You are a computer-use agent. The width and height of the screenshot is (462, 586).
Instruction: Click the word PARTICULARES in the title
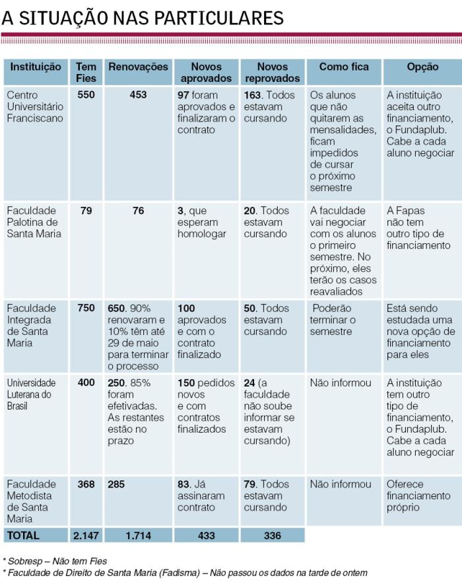coord(220,18)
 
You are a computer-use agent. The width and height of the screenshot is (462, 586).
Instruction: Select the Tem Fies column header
coord(86,72)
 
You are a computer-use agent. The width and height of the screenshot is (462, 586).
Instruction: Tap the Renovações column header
coord(138,67)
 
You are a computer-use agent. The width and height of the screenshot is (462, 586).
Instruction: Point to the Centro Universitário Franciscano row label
coord(35,106)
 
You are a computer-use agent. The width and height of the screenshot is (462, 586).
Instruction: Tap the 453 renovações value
coord(138,95)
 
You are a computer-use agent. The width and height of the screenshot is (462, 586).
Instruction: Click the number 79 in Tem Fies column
coord(86,211)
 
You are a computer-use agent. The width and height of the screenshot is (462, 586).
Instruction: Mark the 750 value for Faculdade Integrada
coord(86,309)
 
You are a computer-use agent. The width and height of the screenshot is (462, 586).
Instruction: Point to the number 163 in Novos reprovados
coord(254,95)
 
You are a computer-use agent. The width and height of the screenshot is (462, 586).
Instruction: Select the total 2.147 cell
coord(86,536)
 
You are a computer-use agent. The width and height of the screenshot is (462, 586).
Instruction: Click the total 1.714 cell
coord(138,536)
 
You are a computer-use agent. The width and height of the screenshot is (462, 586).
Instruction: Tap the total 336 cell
coord(272,536)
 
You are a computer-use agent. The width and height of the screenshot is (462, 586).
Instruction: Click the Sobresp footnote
coord(55,561)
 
